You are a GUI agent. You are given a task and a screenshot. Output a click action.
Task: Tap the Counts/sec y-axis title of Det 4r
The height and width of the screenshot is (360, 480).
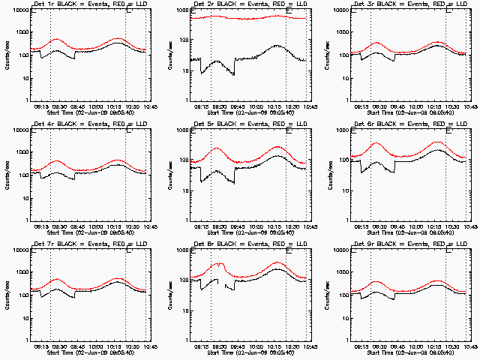pos(7,175)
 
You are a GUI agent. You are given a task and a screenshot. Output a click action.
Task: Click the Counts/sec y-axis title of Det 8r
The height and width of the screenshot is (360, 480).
pos(167,295)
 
